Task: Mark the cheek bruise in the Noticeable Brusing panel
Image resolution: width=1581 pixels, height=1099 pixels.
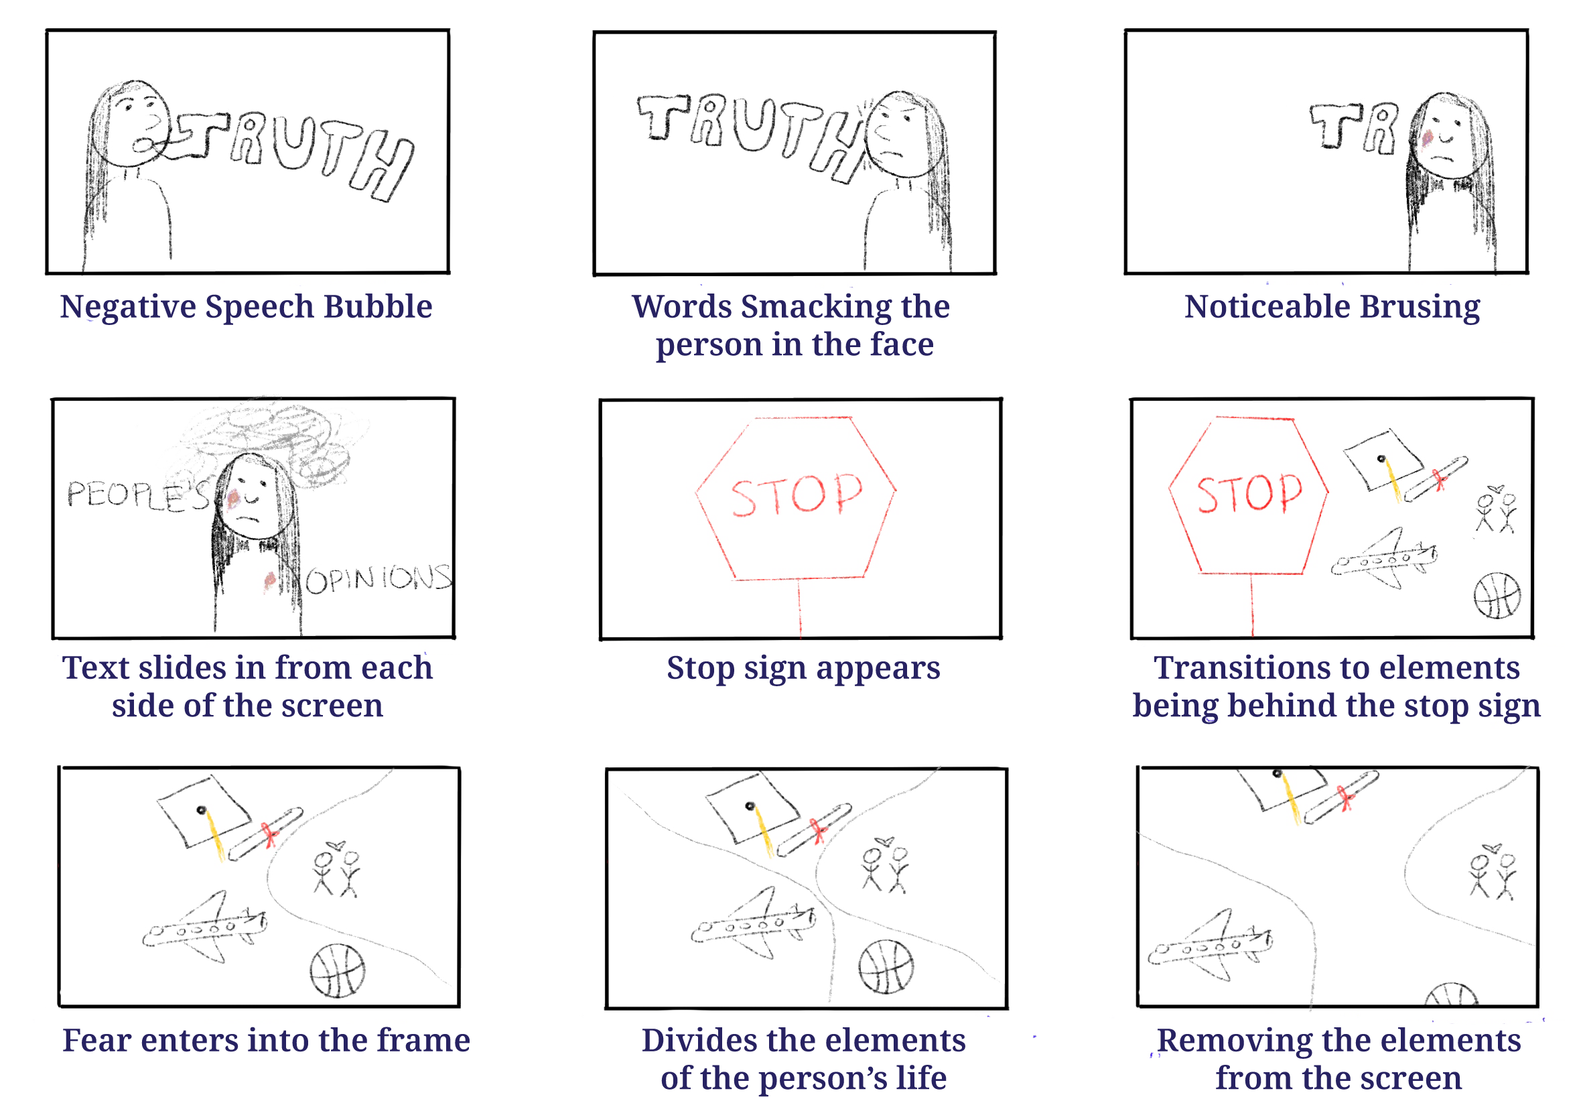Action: (x=1427, y=140)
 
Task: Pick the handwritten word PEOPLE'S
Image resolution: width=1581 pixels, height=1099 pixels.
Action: (x=137, y=495)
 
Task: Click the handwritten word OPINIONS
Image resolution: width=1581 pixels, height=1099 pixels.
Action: (x=378, y=578)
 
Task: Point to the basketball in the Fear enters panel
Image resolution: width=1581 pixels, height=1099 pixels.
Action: (x=336, y=970)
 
